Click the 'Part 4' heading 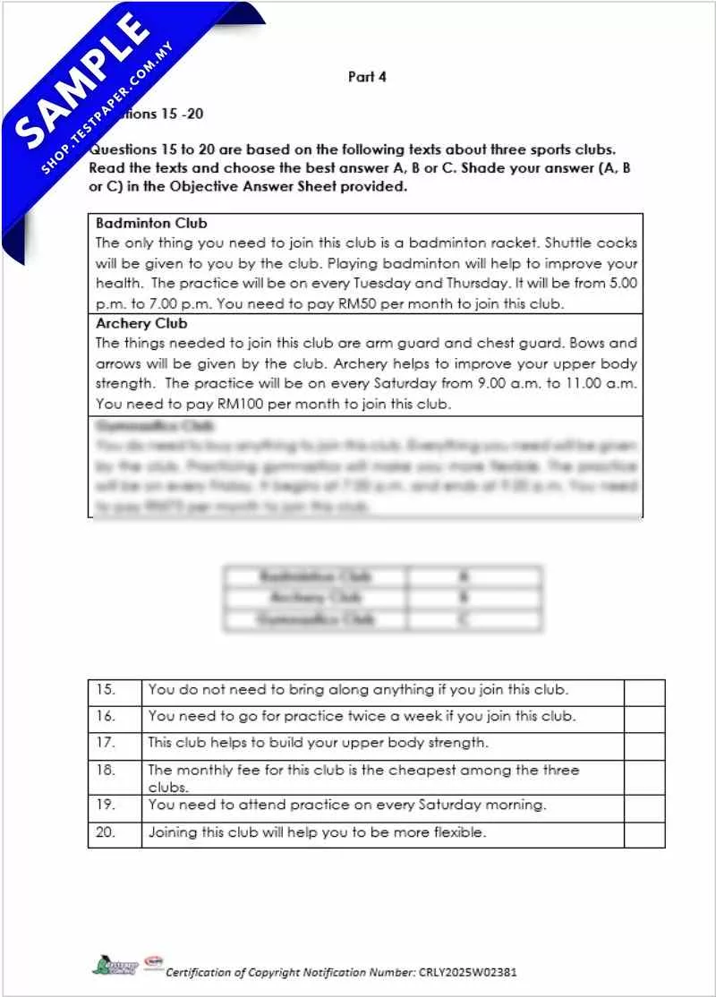click(x=367, y=77)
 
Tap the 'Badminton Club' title click(x=151, y=223)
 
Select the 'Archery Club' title click(x=141, y=324)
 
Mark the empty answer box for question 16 click(x=644, y=717)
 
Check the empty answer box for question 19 click(x=644, y=805)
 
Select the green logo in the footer click(x=115, y=967)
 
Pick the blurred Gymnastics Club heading click(x=151, y=426)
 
